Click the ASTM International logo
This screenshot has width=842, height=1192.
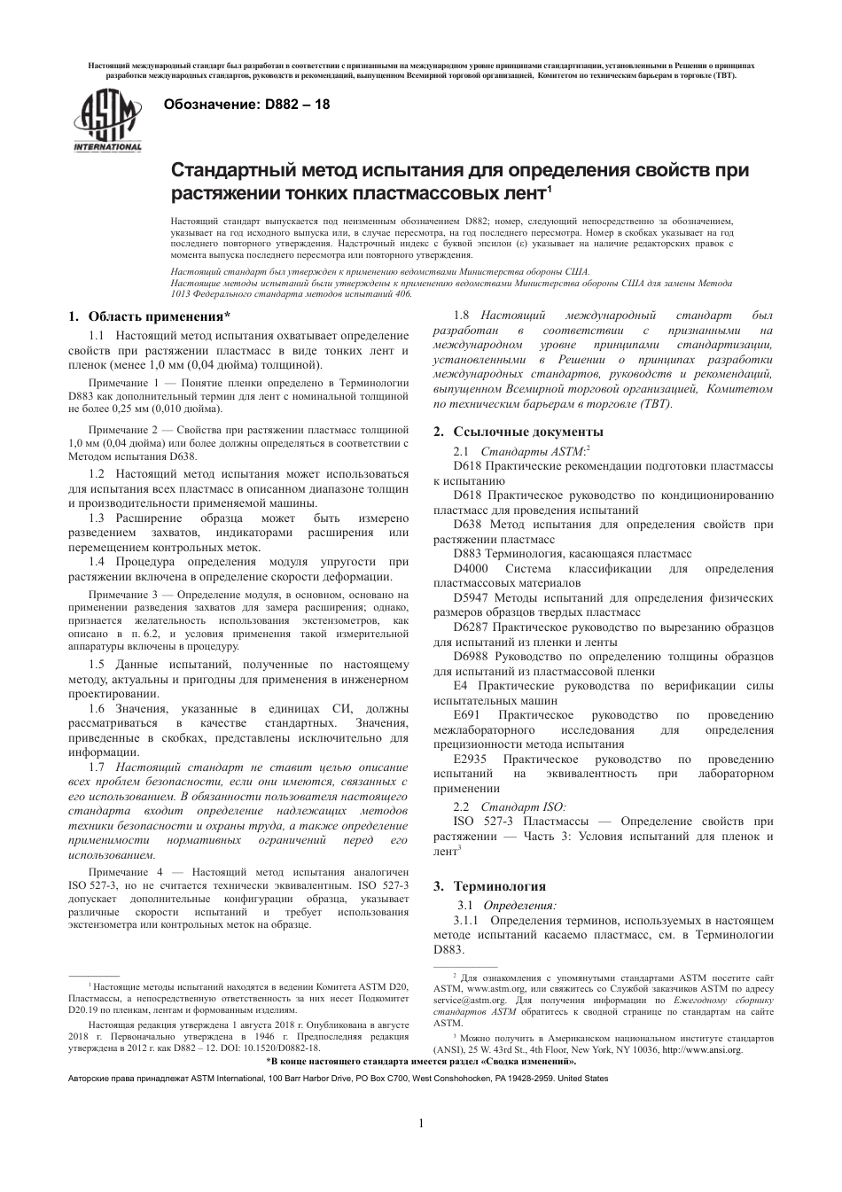tap(107, 121)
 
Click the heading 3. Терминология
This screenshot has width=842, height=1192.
tap(488, 885)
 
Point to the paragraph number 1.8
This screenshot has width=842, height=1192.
tap(461, 316)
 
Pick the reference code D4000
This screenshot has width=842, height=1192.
tap(471, 568)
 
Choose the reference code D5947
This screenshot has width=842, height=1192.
tap(471, 598)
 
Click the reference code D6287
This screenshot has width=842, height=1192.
tap(471, 627)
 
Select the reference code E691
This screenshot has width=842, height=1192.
tap(465, 715)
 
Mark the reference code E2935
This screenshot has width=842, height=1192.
tap(470, 760)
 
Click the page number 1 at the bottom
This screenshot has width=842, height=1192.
tap(421, 1124)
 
